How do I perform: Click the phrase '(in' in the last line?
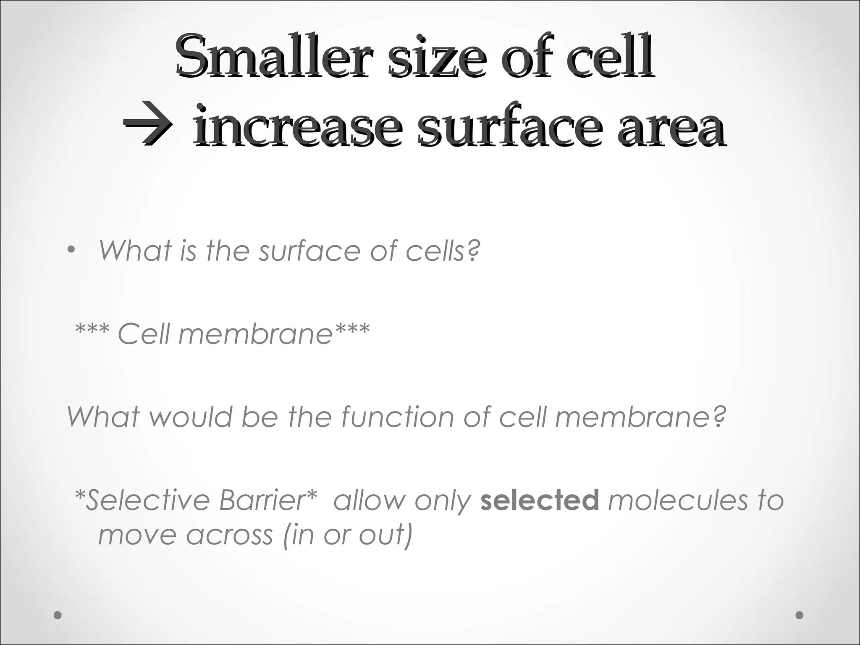[x=299, y=535]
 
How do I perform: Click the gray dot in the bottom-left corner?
[x=58, y=615]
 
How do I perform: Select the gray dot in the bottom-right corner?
[x=800, y=615]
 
